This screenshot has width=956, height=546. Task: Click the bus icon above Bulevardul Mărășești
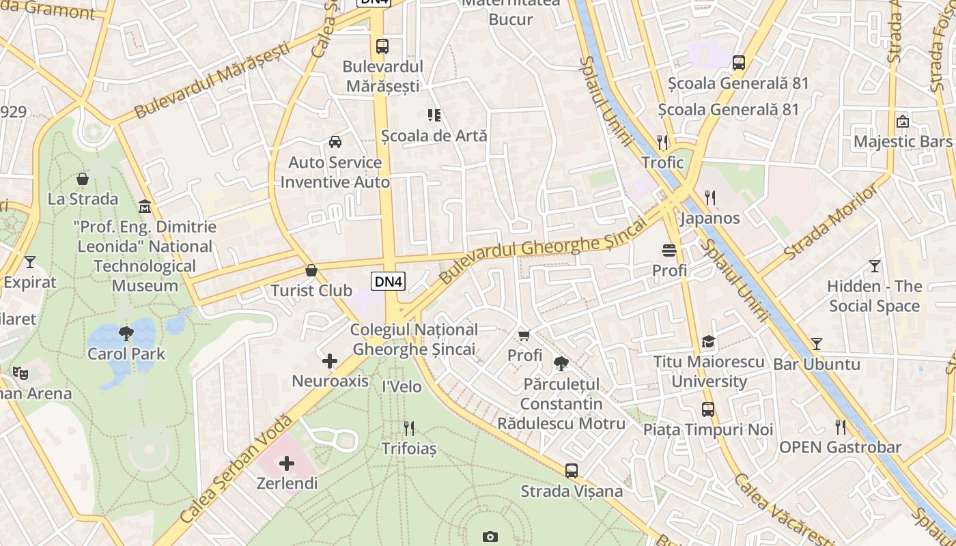pyautogui.click(x=382, y=46)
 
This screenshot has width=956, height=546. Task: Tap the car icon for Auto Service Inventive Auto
pyautogui.click(x=335, y=142)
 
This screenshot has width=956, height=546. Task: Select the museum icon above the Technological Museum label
pyautogui.click(x=145, y=206)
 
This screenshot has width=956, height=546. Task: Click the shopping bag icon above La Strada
pyautogui.click(x=83, y=179)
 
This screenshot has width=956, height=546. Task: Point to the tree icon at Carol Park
pyautogui.click(x=126, y=334)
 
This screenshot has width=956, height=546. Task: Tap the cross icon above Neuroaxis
pyautogui.click(x=330, y=360)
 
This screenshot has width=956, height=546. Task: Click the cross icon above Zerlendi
pyautogui.click(x=287, y=463)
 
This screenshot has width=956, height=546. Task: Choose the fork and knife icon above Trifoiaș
pyautogui.click(x=409, y=428)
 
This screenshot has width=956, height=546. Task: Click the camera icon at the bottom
pyautogui.click(x=490, y=536)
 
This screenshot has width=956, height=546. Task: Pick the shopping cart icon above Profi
pyautogui.click(x=524, y=335)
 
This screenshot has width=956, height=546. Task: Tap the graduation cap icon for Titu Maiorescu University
pyautogui.click(x=709, y=341)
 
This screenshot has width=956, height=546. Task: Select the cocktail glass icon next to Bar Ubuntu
pyautogui.click(x=817, y=343)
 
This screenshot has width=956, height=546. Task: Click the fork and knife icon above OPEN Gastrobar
pyautogui.click(x=841, y=427)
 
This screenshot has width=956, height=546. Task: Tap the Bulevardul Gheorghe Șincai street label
pyautogui.click(x=543, y=250)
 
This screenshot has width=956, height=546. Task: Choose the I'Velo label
pyautogui.click(x=402, y=386)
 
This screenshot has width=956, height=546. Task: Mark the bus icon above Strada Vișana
pyautogui.click(x=572, y=470)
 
